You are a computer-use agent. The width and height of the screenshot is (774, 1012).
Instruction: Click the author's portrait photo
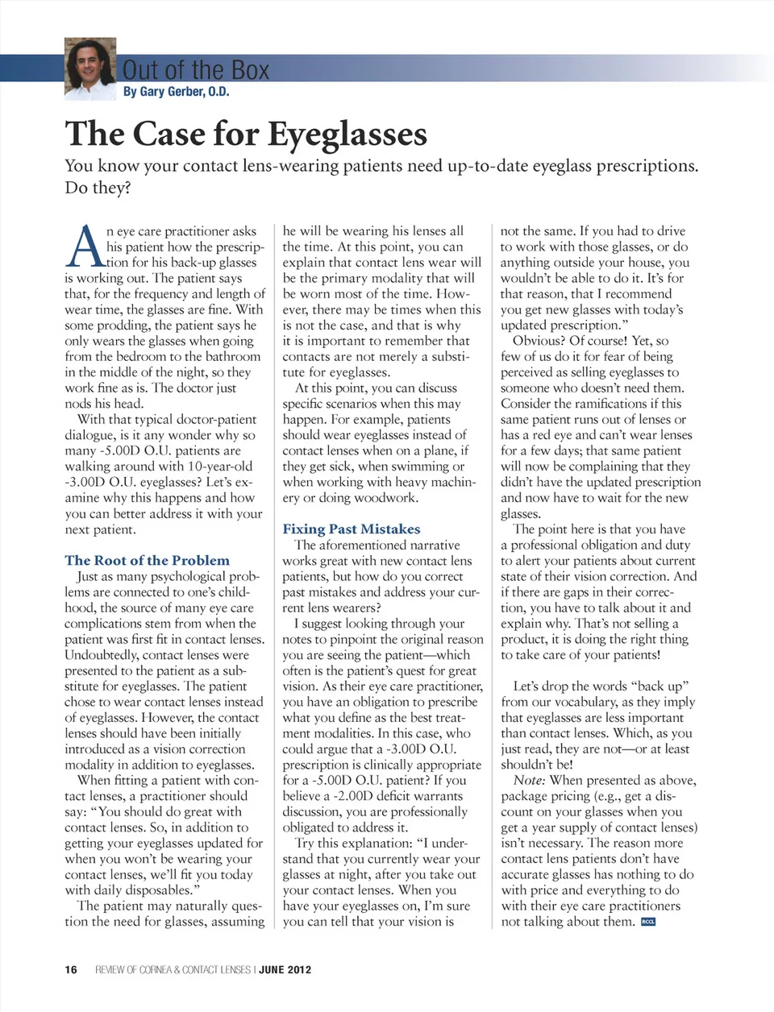pyautogui.click(x=90, y=69)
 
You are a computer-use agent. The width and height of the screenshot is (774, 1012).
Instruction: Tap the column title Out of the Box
pyautogui.click(x=196, y=70)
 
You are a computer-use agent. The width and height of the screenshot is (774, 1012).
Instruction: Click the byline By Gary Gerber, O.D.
pyautogui.click(x=176, y=92)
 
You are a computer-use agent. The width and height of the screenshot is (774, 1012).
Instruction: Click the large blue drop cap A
pyautogui.click(x=84, y=247)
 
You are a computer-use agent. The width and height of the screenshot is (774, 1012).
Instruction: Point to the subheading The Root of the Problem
pyautogui.click(x=147, y=560)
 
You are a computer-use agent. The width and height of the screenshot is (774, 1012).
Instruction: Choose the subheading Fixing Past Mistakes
pyautogui.click(x=351, y=529)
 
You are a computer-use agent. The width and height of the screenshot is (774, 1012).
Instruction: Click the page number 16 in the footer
pyautogui.click(x=71, y=969)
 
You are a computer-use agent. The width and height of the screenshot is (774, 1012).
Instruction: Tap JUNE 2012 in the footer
pyautogui.click(x=285, y=969)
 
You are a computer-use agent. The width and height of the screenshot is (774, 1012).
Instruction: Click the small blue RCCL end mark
pyautogui.click(x=647, y=922)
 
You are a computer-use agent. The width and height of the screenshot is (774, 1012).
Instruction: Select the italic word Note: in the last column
pyautogui.click(x=530, y=780)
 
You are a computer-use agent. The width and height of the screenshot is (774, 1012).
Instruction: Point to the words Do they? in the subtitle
pyautogui.click(x=98, y=188)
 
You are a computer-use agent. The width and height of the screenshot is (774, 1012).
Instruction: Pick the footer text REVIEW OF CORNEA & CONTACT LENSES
pyautogui.click(x=173, y=969)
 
